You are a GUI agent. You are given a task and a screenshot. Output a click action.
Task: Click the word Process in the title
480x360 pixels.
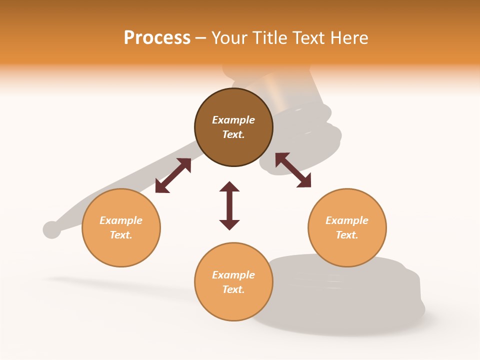pyautogui.click(x=157, y=38)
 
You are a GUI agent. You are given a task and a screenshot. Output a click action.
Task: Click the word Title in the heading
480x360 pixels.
pyautogui.click(x=267, y=38)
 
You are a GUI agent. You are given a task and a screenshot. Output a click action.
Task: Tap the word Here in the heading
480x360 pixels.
pyautogui.click(x=349, y=38)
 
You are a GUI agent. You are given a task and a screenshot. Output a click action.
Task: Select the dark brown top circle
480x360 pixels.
pyautogui.click(x=233, y=127)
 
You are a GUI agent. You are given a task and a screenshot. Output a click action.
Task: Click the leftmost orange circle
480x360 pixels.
pyautogui.click(x=121, y=227)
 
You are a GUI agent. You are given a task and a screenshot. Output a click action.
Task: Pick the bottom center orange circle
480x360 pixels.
pyautogui.click(x=233, y=282)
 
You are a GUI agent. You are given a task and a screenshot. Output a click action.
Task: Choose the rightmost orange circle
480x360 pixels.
pyautogui.click(x=347, y=227)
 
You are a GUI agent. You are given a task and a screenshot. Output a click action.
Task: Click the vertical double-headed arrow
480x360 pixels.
pyautogui.click(x=229, y=205)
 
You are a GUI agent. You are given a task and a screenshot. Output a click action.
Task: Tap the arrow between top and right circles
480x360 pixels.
pyautogui.click(x=293, y=170)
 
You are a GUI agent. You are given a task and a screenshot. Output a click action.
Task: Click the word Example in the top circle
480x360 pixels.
pyautogui.click(x=233, y=120)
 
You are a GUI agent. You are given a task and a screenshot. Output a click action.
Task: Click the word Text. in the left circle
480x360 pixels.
pyautogui.click(x=121, y=235)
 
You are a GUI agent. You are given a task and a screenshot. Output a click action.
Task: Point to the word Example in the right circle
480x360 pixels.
pyautogui.click(x=347, y=220)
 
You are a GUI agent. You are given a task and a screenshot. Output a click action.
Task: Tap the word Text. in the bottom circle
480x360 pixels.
pyautogui.click(x=233, y=289)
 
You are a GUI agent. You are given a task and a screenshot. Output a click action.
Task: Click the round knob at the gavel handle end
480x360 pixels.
pyautogui.click(x=51, y=229)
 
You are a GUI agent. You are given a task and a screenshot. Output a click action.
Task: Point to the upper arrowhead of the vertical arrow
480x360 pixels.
pyautogui.click(x=229, y=186)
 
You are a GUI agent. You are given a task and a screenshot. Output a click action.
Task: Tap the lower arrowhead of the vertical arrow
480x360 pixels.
pyautogui.click(x=229, y=224)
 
